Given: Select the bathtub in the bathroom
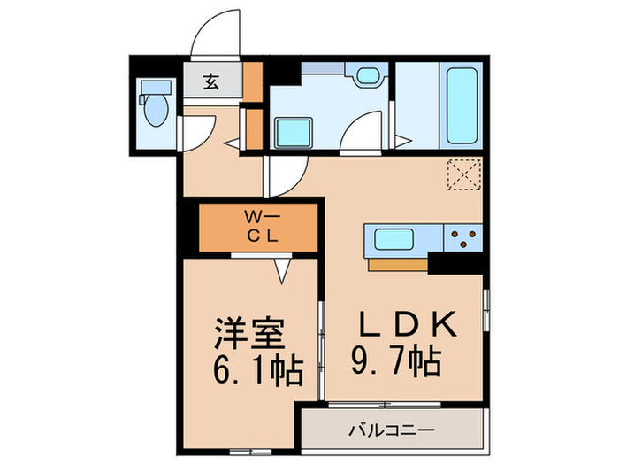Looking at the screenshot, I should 462,105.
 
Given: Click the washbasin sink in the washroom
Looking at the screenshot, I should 368,77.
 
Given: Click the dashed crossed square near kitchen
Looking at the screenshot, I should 463,174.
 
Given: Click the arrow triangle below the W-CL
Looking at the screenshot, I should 283,269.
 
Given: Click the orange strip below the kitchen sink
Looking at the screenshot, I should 397,263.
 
